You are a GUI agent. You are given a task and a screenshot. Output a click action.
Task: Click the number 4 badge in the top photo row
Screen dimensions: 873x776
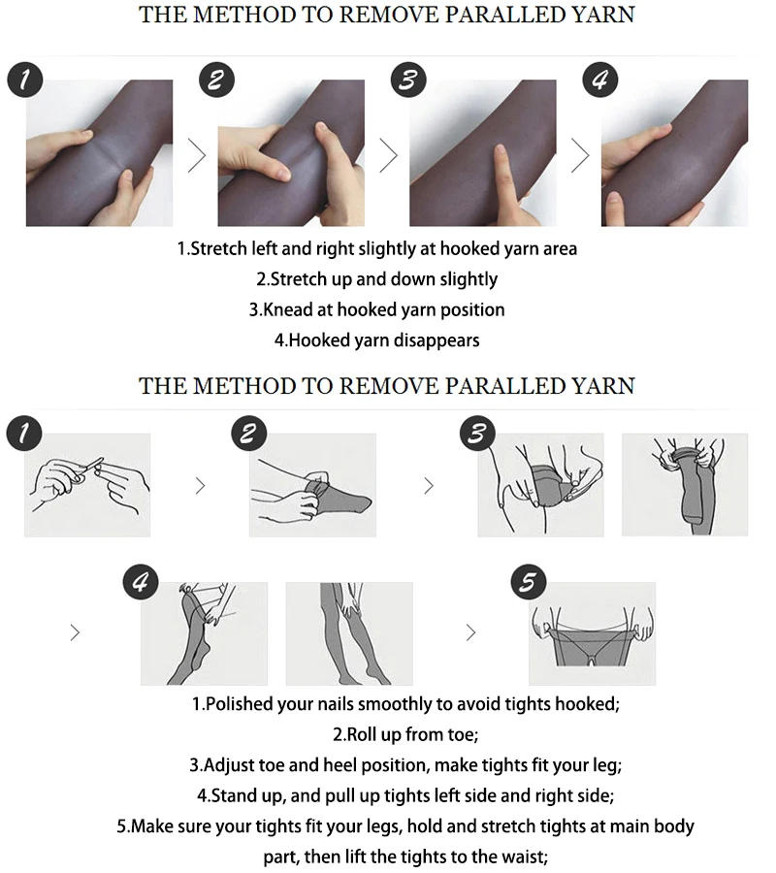coord(601,80)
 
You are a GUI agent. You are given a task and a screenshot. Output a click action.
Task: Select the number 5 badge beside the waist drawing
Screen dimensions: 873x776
coord(529,583)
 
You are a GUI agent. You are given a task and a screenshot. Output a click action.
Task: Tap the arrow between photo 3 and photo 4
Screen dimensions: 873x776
coord(580,155)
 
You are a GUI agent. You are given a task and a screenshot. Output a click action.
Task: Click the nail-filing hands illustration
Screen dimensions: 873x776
coord(87,484)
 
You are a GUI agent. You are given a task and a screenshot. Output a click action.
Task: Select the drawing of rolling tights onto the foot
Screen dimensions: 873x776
coord(311,484)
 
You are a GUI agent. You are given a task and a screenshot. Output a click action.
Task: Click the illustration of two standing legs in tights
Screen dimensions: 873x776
coord(348,632)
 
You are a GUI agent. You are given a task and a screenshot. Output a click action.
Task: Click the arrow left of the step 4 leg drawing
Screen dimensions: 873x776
coord(76,632)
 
